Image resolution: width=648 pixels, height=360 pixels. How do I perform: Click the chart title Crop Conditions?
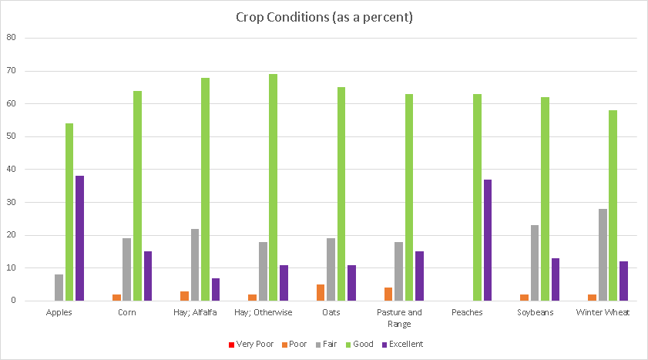[324, 18]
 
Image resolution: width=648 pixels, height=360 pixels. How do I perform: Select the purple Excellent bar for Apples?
[79, 238]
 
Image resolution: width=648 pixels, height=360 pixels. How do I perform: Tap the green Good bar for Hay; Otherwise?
[273, 187]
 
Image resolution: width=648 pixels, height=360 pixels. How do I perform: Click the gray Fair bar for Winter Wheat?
[603, 254]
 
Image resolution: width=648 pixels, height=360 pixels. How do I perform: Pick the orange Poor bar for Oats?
[321, 292]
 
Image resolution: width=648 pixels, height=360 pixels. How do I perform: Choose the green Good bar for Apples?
[69, 212]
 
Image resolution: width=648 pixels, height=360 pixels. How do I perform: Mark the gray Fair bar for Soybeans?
[535, 263]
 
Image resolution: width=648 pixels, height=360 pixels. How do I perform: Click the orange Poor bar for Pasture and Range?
[388, 294]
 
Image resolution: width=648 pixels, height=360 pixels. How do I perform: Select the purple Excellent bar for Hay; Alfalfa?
[215, 289]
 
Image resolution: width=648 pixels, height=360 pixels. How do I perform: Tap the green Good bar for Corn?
[137, 196]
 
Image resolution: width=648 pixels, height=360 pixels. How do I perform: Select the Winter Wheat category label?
[603, 312]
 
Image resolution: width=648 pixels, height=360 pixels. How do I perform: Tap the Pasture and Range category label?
[398, 318]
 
